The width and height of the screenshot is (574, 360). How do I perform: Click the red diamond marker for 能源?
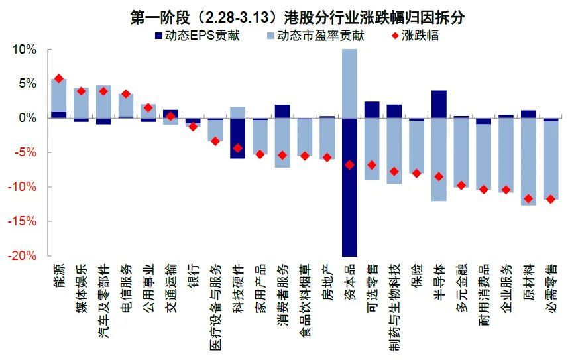(x=59, y=78)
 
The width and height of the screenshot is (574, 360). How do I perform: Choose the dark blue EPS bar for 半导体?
(x=439, y=104)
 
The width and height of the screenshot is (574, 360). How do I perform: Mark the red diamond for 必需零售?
(x=551, y=199)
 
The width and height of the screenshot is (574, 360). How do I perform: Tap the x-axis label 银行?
(x=193, y=274)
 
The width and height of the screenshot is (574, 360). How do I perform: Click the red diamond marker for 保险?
(x=416, y=173)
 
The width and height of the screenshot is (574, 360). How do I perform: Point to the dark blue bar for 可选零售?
(x=372, y=109)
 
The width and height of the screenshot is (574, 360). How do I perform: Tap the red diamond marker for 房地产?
(x=327, y=158)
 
